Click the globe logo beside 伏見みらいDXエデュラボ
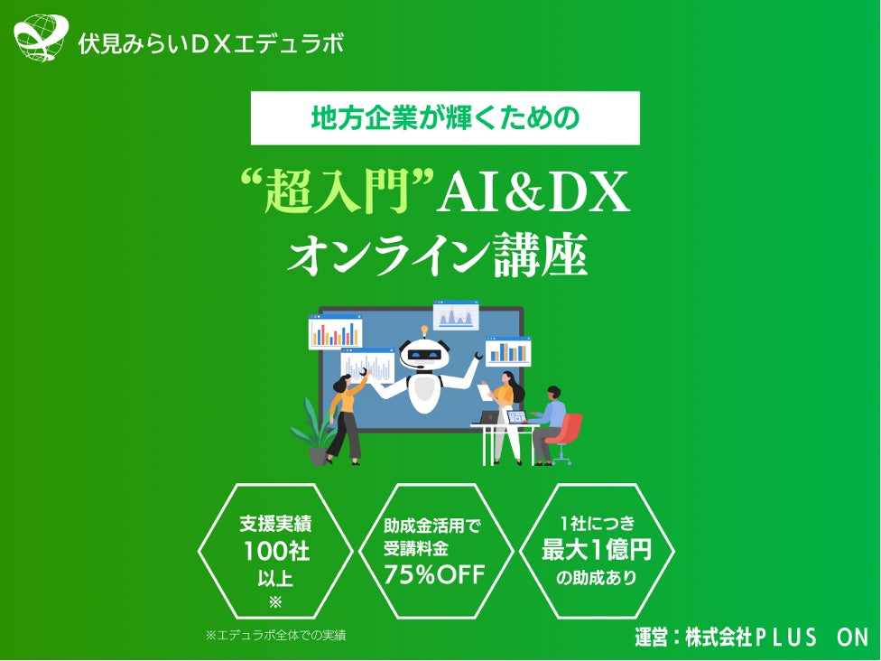tap(41, 39)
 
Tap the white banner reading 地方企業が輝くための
tap(444, 118)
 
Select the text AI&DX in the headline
tap(533, 193)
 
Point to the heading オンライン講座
tap(438, 256)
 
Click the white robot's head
tap(423, 353)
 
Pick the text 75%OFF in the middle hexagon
tap(435, 574)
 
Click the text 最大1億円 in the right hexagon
tap(597, 549)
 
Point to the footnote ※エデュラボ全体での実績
tap(276, 635)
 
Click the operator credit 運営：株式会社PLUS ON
tap(751, 637)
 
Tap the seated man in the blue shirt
tap(548, 421)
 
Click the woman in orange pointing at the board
tap(345, 415)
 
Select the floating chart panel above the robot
tap(456, 315)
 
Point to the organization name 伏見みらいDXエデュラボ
tap(211, 43)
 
